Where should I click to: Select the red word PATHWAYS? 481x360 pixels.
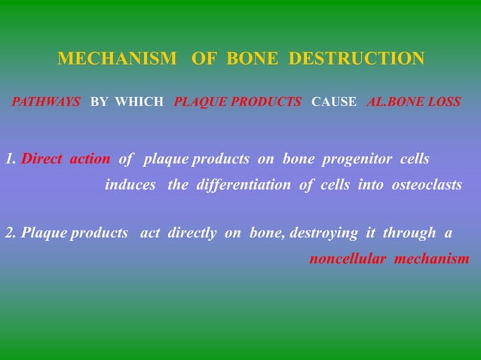(x=46, y=102)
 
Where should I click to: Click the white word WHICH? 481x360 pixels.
(x=139, y=102)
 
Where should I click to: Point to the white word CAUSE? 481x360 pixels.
(x=334, y=102)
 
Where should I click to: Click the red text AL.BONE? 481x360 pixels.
(x=396, y=102)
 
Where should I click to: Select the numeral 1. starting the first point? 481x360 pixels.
(x=11, y=159)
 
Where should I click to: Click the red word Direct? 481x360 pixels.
(x=42, y=159)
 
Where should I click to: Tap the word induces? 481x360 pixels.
(x=130, y=185)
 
